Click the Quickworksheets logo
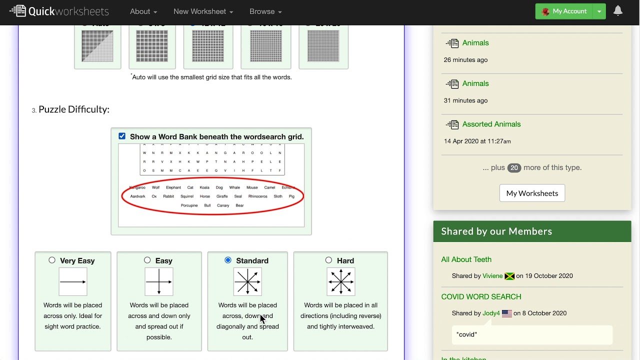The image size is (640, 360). pos(59,11)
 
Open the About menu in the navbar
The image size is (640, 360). pos(143,11)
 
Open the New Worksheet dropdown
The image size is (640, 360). pos(203,11)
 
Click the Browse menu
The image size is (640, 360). pos(265,11)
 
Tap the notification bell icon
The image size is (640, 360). pos(618,11)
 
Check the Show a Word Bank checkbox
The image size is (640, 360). pos(122,136)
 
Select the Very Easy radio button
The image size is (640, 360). pos(52,260)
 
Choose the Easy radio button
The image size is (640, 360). pos(147,260)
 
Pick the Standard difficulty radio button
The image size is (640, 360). pos(228,260)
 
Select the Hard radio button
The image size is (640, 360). pos(328,260)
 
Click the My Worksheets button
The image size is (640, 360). pos(532,193)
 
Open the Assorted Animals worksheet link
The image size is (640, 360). pos(491,124)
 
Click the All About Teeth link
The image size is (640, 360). pos(466,259)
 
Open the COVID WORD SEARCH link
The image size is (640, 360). pos(481,296)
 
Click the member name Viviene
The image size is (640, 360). pos(492,276)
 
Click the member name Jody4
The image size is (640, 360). pos(491,313)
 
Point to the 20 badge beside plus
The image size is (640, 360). pos(514,168)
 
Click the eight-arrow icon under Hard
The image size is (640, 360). pos(340,281)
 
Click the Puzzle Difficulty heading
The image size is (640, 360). pos(73,109)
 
